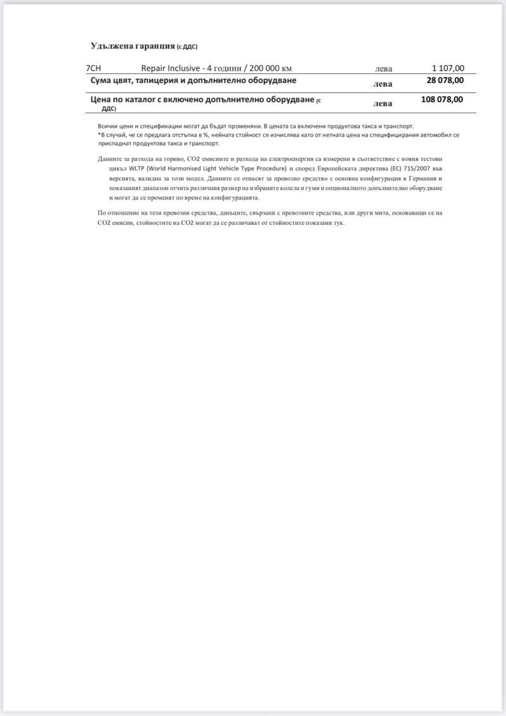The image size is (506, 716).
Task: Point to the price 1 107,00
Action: point(448,68)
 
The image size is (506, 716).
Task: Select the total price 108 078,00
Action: point(441,99)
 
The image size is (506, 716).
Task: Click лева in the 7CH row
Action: point(384,69)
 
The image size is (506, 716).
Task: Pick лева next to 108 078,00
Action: point(383,103)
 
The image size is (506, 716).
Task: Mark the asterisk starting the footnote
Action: point(99,135)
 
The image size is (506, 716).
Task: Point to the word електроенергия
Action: point(288,158)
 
